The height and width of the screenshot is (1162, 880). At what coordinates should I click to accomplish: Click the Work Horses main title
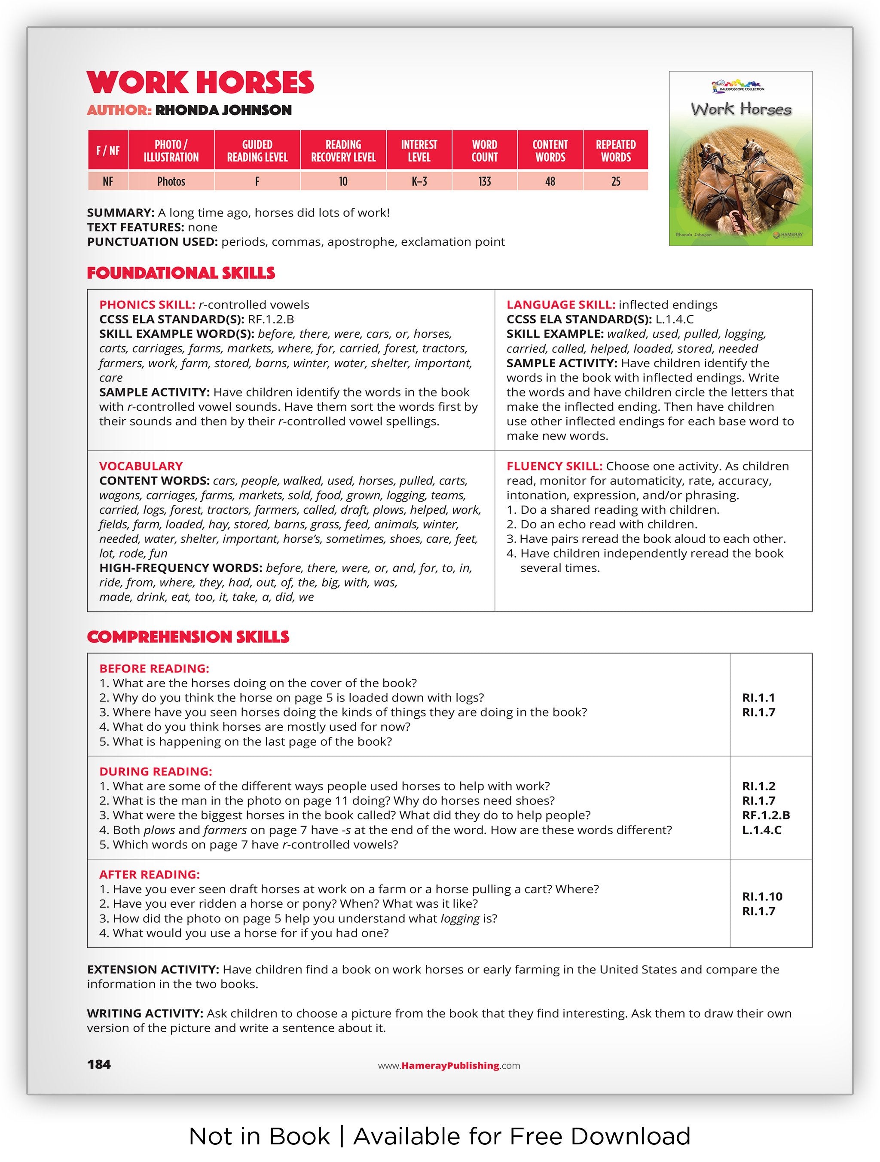[x=200, y=82]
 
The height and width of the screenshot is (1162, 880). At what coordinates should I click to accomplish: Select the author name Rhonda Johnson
[x=223, y=110]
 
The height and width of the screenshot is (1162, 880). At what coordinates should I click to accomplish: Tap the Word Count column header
[x=484, y=151]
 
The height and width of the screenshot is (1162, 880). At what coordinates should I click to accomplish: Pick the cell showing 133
[x=484, y=182]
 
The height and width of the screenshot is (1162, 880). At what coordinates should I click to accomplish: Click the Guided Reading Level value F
[x=257, y=182]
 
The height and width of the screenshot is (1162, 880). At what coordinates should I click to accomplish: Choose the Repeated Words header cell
[x=616, y=151]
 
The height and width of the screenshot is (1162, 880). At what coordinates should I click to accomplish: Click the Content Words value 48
[x=550, y=182]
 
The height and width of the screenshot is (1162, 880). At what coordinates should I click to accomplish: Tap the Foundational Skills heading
[x=181, y=273]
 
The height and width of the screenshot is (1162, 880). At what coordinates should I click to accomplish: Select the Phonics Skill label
[x=147, y=305]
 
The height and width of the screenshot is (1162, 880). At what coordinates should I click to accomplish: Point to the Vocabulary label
[x=141, y=466]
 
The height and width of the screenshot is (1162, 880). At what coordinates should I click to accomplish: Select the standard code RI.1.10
[x=762, y=896]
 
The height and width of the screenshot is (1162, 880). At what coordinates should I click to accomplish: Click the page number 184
[x=99, y=1064]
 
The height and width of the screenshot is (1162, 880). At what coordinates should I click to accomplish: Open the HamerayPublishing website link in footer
[x=449, y=1065]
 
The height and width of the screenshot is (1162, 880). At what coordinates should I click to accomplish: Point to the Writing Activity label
[x=145, y=1013]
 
